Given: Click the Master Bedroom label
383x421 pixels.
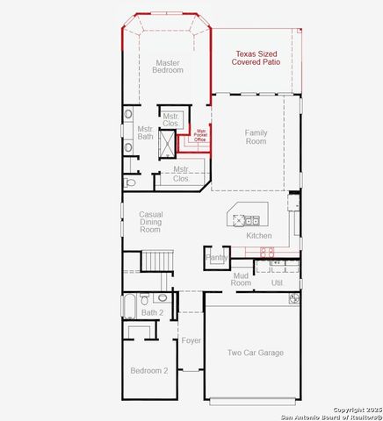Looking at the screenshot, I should click(169, 67).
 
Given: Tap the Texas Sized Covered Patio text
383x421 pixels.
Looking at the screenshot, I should click(256, 58).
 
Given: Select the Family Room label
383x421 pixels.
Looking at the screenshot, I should click(256, 137).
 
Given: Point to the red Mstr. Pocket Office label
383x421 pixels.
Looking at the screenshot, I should click(200, 133).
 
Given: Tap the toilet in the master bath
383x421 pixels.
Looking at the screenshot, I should click(130, 183).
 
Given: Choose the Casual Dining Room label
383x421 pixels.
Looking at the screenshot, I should click(151, 222).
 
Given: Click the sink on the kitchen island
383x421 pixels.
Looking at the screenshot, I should click(251, 220).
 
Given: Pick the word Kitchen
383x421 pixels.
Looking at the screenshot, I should click(259, 236).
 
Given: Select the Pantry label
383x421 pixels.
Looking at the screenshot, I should click(217, 258).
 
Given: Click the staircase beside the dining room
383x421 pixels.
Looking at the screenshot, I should click(157, 260).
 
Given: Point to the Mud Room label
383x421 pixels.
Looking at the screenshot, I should click(242, 280).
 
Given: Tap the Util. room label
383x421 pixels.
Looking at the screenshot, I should click(278, 283).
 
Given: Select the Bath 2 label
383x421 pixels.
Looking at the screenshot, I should click(153, 312).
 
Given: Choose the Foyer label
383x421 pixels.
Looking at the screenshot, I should click(191, 340).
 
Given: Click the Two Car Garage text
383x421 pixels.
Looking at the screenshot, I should click(256, 353).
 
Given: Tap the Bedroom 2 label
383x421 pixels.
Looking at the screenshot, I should click(149, 371).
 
